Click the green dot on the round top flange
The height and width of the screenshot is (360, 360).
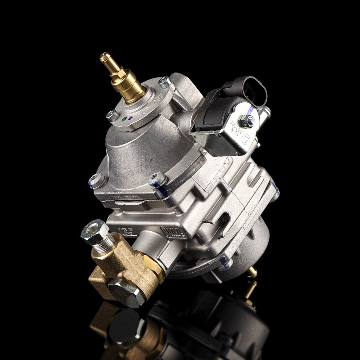point(123,120)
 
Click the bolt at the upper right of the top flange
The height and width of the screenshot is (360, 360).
point(165,83)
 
